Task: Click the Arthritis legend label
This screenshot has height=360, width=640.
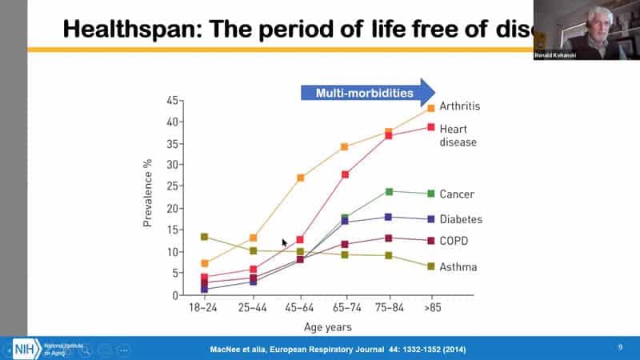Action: point(459,106)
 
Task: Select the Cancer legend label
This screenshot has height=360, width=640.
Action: point(457,194)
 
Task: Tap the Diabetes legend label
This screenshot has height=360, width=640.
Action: point(461,219)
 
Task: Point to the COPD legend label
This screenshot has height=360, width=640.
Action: point(454,241)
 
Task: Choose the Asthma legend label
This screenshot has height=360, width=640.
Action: point(458,266)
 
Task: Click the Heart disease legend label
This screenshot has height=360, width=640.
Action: point(458,134)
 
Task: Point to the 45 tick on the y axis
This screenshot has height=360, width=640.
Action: point(170,101)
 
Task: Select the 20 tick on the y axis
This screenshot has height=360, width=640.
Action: point(170,209)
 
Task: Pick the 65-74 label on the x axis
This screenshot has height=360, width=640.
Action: point(345,308)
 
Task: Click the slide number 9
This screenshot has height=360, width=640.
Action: point(620,347)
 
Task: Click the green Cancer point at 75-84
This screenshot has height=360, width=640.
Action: point(390,191)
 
